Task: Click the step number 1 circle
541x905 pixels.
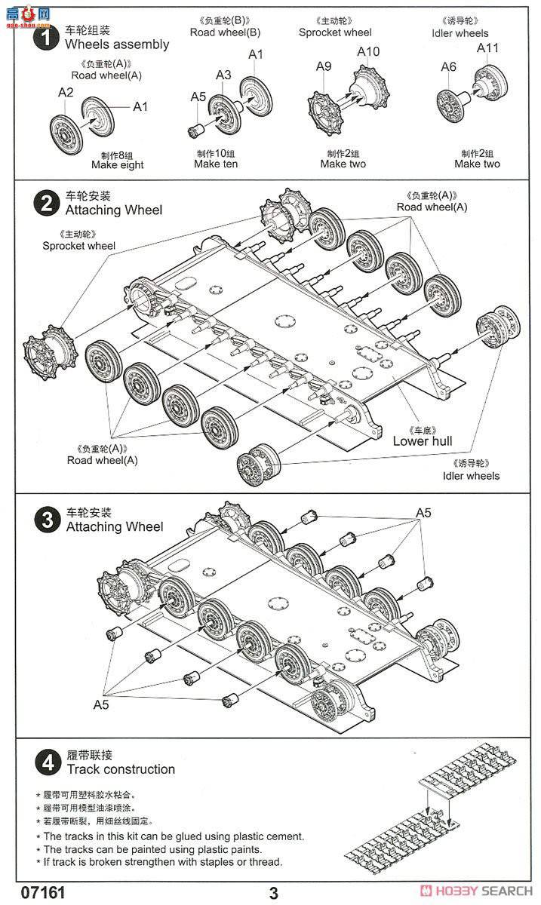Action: tap(48, 38)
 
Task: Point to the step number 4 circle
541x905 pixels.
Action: tap(48, 762)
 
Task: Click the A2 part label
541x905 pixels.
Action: tap(66, 92)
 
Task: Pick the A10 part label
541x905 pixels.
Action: tap(368, 51)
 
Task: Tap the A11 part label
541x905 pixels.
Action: tap(488, 48)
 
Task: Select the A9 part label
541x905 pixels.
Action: tap(323, 66)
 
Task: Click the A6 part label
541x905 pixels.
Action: tap(448, 67)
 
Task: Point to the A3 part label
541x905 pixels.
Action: tap(223, 75)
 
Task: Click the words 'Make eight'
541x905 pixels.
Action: tap(117, 164)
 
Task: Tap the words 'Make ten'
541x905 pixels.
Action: tap(216, 164)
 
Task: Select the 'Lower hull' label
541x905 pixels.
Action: tap(423, 441)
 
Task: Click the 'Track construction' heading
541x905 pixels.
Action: tap(121, 769)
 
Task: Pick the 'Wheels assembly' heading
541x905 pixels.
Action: tap(117, 44)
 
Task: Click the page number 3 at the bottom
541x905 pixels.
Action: tap(273, 894)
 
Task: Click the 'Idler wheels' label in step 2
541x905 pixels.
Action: tap(471, 476)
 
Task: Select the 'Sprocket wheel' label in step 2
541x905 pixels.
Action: tap(79, 246)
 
